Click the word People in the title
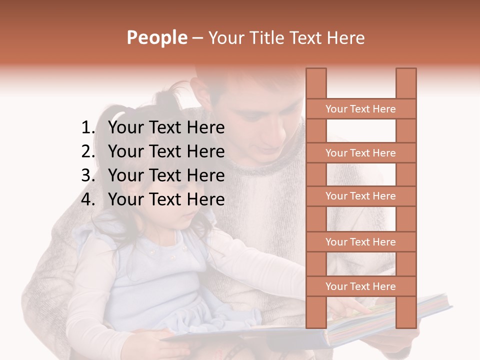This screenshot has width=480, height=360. pos(156,37)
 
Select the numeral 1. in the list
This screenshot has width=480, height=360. pos(88,128)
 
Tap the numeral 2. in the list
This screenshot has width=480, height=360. pos(88,151)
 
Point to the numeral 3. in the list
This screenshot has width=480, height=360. pos(88,175)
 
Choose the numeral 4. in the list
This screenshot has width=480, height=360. pos(88,199)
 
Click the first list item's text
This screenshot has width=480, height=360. pos(166,128)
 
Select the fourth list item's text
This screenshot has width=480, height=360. pos(166,199)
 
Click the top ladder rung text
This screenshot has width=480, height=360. pos(360,109)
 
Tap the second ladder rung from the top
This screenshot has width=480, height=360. pos(360,153)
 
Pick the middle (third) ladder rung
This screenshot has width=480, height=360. pos(360,196)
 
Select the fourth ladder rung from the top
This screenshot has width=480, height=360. pos(360,242)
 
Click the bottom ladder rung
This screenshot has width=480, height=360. pos(360,286)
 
